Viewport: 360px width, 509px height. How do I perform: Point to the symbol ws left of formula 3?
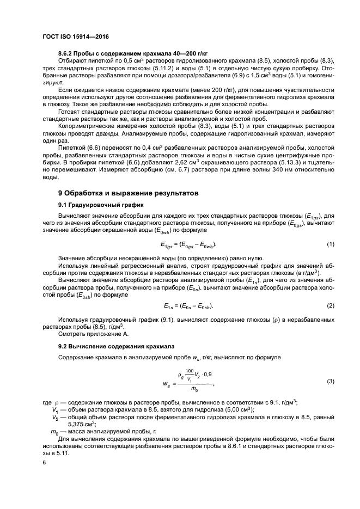[x=167, y=383]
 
